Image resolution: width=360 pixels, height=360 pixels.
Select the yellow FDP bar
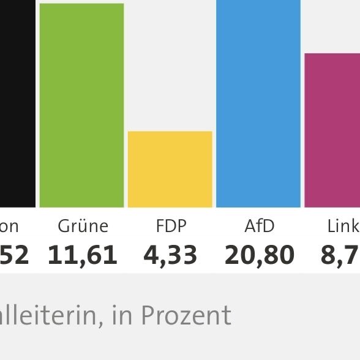(x=170, y=169)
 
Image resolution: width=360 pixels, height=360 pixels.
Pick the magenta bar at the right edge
(x=332, y=130)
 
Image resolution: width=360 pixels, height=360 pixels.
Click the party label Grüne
(x=83, y=227)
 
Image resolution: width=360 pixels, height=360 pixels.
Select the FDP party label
(x=171, y=227)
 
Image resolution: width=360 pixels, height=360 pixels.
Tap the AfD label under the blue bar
(x=259, y=227)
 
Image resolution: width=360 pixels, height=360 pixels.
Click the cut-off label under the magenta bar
(x=343, y=227)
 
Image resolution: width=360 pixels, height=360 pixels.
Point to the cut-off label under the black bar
(x=9, y=227)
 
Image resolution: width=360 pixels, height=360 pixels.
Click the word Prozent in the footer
(x=186, y=315)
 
